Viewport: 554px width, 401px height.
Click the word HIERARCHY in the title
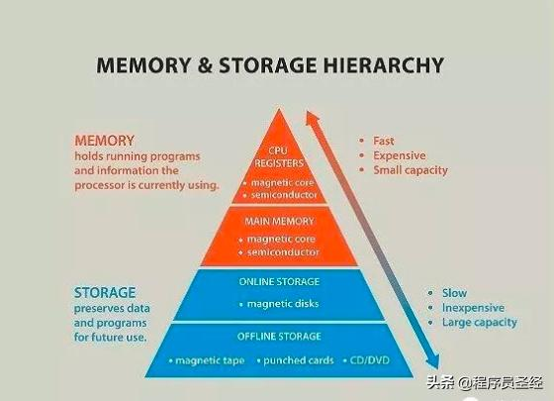coord(384,65)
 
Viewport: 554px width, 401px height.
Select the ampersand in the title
coord(205,65)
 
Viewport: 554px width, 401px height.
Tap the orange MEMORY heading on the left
coord(105,141)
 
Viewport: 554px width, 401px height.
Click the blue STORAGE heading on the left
coord(105,293)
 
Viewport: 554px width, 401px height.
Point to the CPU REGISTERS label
coord(279,157)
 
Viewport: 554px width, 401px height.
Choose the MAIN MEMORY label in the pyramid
coord(279,222)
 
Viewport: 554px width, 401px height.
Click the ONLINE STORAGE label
coord(279,282)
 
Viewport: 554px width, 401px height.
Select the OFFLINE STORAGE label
coord(279,337)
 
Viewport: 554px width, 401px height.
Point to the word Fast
coord(384,141)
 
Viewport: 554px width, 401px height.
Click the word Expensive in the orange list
coord(400,156)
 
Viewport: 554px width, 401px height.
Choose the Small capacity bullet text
coord(411,170)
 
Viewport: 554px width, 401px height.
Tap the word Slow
coord(454,293)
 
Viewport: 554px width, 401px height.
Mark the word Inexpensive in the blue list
coord(474,308)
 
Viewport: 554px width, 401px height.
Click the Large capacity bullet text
coord(480,323)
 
